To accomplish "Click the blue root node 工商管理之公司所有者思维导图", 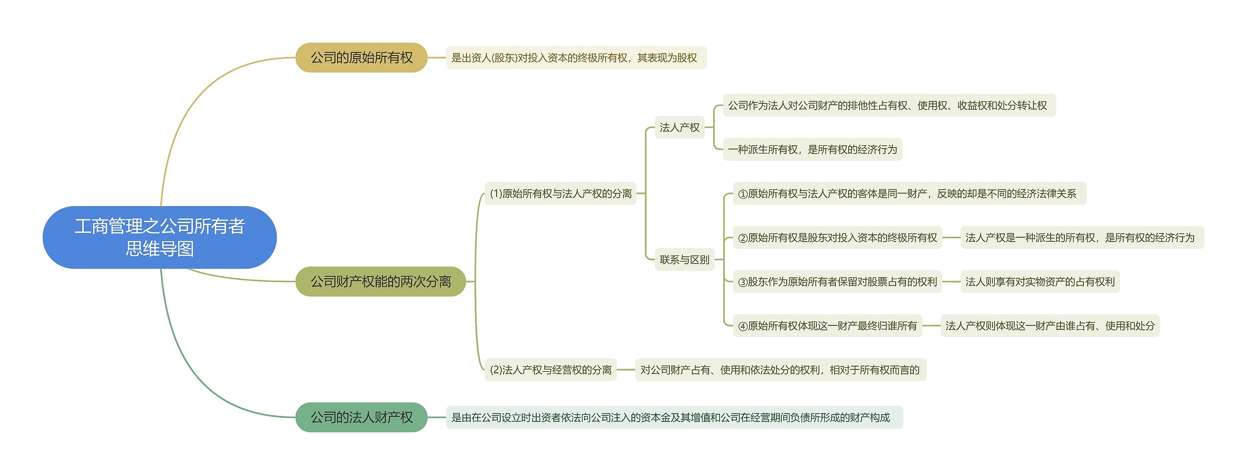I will pyautogui.click(x=160, y=237).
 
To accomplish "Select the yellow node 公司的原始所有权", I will pyautogui.click(x=361, y=57).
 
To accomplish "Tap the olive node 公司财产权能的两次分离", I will pyautogui.click(x=380, y=282).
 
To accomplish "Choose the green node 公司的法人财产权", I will pyautogui.click(x=361, y=417).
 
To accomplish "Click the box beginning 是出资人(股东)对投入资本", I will pyautogui.click(x=576, y=58).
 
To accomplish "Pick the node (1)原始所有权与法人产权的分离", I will pyautogui.click(x=560, y=193).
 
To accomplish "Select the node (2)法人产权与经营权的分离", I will pyautogui.click(x=550, y=370).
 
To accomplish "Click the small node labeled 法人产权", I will pyautogui.click(x=679, y=127).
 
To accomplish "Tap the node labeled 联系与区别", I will pyautogui.click(x=684, y=260).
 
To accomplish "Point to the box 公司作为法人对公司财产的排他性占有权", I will pyautogui.click(x=888, y=105).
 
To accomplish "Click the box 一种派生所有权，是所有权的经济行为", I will pyautogui.click(x=812, y=150).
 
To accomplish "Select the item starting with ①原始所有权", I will pyautogui.click(x=909, y=193).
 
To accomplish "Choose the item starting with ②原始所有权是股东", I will pyautogui.click(x=837, y=238).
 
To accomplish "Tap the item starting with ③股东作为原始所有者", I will pyautogui.click(x=837, y=282).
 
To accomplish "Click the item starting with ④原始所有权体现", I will pyautogui.click(x=827, y=326).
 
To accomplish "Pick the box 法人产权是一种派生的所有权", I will pyautogui.click(x=1081, y=238).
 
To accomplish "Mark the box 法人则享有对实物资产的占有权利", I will pyautogui.click(x=1039, y=282).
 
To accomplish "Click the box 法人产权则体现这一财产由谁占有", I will pyautogui.click(x=1050, y=326).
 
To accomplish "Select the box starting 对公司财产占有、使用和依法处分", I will pyautogui.click(x=780, y=370).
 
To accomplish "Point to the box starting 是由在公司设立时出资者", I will pyautogui.click(x=674, y=418).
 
